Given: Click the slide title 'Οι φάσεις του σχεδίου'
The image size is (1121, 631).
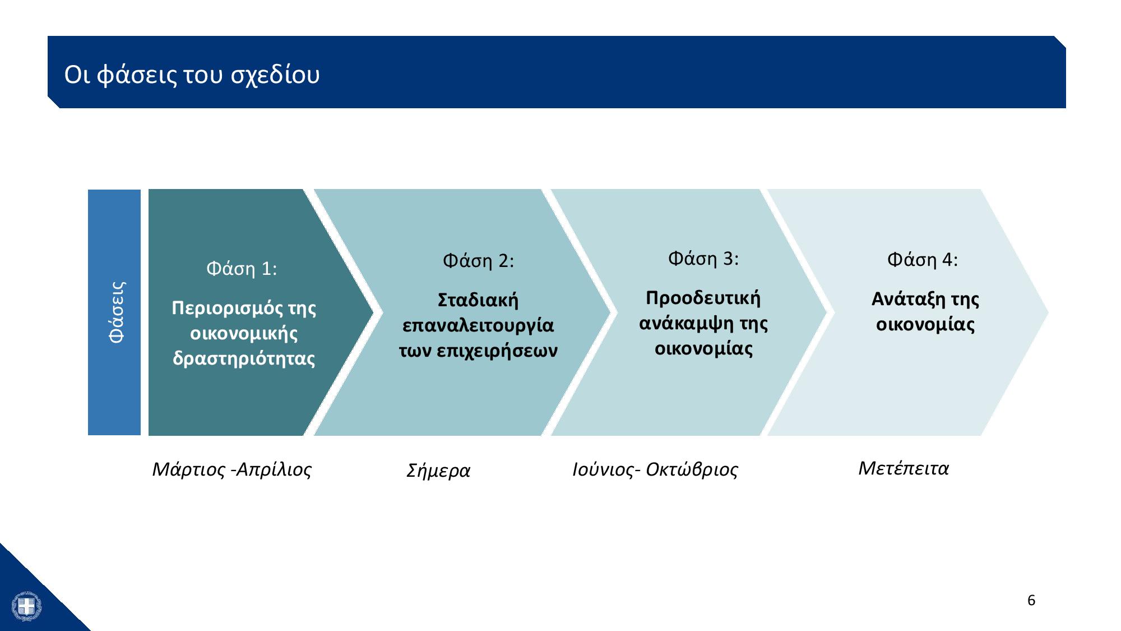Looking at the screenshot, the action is coord(192,75).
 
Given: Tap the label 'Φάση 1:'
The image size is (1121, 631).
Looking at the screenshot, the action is coord(242,269).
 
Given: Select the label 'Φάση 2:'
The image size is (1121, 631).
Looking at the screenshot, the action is coord(478,261).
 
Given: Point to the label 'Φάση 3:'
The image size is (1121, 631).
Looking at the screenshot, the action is coord(703,259).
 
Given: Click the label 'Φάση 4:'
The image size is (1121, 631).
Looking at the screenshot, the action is coord(923,260).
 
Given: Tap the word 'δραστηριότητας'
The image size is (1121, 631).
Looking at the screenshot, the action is coord(244,359).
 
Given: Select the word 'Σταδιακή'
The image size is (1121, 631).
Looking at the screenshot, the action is coord(478,301).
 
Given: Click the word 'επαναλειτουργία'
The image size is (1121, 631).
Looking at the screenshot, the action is coord(478,326).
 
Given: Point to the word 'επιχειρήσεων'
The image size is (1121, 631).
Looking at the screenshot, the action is coord(497,352).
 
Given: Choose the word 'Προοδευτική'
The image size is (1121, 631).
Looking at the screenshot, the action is coord(703,298).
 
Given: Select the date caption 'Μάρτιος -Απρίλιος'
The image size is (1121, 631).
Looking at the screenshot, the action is coord(232,469).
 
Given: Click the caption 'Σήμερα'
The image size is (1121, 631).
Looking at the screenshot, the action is coord(438,471).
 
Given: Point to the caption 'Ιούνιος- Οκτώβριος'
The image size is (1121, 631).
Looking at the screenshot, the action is coord(655,469).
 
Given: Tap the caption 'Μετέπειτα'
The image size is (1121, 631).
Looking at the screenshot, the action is coord(904,468).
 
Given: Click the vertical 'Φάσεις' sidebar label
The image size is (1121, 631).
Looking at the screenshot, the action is coord(117,312).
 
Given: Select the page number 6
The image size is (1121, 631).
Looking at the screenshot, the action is coord(1031,601).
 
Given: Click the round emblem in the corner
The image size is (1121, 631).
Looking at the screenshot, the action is coord(26,606).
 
